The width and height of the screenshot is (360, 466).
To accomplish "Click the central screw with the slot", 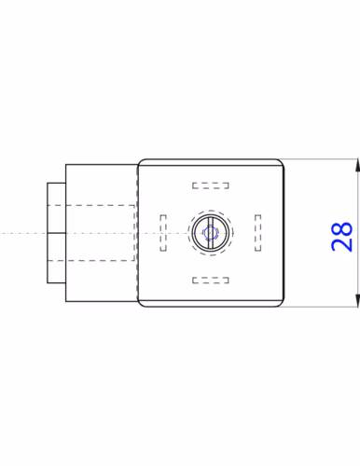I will pos(210,233).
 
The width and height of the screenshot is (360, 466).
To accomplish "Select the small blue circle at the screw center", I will pos(210,233).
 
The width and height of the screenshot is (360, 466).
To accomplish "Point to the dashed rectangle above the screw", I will pos(210,184).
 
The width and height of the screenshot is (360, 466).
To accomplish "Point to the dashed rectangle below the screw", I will pos(210,280).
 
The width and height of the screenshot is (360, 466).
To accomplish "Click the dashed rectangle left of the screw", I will pos(163,232).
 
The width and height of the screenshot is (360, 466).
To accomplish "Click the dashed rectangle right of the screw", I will pos(256,232).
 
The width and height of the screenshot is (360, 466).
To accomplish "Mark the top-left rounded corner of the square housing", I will pos(142,162).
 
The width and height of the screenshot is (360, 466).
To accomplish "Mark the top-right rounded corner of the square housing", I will pos(279,162).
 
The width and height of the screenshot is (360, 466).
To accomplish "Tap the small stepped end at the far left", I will pos(55,233).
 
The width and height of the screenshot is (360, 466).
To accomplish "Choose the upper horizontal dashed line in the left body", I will pos(93,202).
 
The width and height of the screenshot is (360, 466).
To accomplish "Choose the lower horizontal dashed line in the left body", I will pos(93,262).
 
